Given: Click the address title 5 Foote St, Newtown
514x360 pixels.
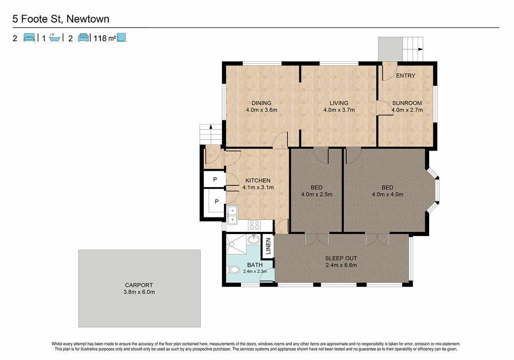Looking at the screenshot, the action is [61, 19].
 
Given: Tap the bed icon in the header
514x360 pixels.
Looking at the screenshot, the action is [29, 38].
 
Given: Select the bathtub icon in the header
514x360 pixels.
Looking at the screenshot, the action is [55, 38].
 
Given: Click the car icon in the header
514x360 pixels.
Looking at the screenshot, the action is [84, 38].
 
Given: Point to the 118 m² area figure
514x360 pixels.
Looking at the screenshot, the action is [104, 38].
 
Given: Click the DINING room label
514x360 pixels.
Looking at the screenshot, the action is [261, 103].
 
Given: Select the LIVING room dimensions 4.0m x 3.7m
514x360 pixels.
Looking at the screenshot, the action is [339, 110].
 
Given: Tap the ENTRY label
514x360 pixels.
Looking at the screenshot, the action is [406, 76].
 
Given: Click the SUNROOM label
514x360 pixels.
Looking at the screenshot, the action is [407, 103].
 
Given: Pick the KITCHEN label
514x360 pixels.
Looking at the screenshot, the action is [258, 180].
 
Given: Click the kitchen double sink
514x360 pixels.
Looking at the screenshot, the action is [232, 215].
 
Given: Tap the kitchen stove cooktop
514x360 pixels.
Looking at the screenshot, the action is [254, 225].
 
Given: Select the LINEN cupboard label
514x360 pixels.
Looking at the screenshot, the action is [268, 246].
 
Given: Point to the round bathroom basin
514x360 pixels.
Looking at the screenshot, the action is [253, 239].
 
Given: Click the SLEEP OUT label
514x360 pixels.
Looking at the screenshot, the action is [341, 259].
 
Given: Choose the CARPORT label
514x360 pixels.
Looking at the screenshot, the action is [139, 285].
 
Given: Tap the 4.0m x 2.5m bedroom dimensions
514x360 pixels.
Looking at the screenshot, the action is [317, 194].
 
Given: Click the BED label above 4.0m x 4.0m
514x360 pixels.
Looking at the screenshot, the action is [387, 188].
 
